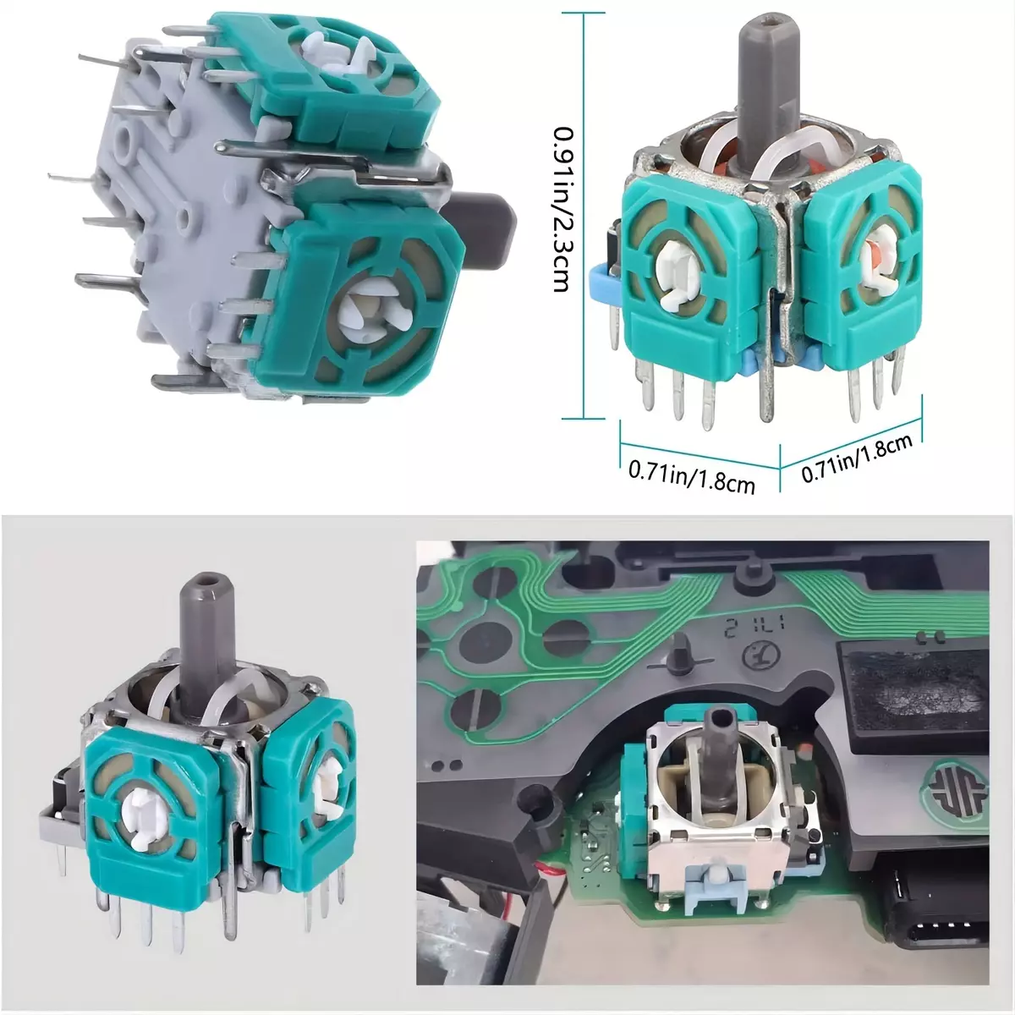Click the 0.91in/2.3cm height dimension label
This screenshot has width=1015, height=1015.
[563, 209]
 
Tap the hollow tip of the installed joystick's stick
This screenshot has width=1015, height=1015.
[720, 718]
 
